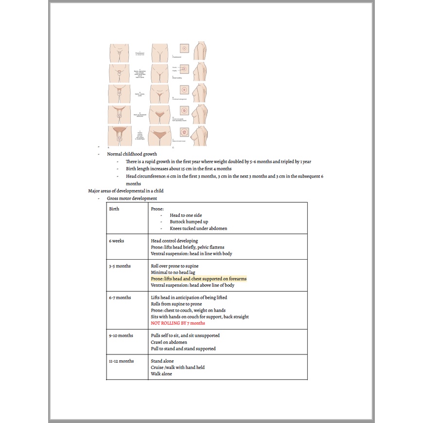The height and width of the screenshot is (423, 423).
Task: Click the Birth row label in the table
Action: [x=114, y=209]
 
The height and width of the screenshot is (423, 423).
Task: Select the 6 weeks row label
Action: [x=117, y=241]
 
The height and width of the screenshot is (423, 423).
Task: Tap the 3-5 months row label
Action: [x=120, y=266]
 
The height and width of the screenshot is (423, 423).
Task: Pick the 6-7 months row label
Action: [x=120, y=298]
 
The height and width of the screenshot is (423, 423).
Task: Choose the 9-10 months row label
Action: [x=121, y=335]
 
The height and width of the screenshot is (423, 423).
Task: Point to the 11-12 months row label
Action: [x=122, y=361]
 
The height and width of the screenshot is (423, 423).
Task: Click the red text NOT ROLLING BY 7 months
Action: [x=178, y=323]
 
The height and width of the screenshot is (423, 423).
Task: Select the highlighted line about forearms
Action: [x=198, y=279]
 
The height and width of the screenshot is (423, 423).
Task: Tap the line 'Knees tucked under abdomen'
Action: [x=198, y=229]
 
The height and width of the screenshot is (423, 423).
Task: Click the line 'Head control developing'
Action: [x=174, y=241]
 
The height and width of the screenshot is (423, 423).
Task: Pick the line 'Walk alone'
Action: [x=161, y=374]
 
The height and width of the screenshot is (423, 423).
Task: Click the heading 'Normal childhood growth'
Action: [x=132, y=154]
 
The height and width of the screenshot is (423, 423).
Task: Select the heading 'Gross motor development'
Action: [x=132, y=198]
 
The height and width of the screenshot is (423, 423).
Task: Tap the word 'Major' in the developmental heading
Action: [x=94, y=191]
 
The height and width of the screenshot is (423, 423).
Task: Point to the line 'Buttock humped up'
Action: [x=190, y=222]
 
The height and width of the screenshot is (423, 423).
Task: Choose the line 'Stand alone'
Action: [x=163, y=361]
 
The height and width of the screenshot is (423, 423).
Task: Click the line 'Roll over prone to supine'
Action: [x=175, y=266]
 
